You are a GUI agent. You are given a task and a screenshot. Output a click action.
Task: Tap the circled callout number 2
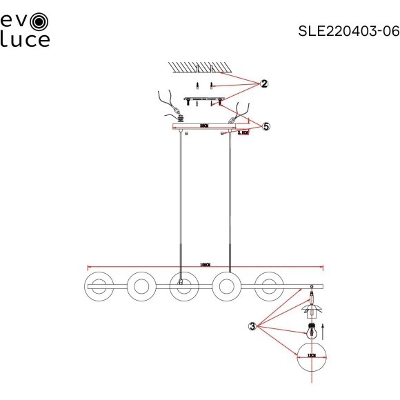click(263, 84)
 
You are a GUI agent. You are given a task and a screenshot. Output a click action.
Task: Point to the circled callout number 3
click(253, 326)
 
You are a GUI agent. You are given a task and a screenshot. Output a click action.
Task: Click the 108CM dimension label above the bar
click(204, 265)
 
